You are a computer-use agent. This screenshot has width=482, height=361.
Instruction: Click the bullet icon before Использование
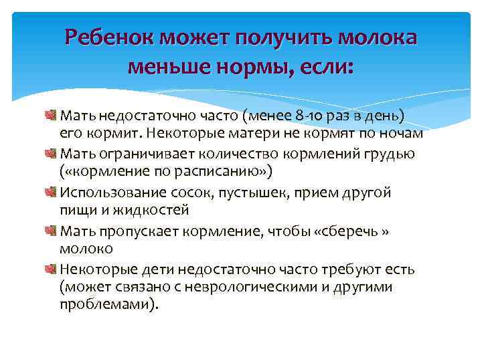tap(52, 193)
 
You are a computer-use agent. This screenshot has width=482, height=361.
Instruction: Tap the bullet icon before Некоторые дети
tap(52, 269)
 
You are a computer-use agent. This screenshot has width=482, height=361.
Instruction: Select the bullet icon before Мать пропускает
tap(52, 231)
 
